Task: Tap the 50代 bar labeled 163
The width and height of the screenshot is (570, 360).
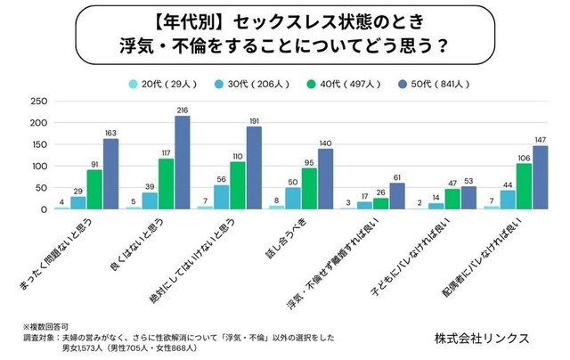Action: tap(110, 175)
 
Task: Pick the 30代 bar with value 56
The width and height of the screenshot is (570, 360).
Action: tap(222, 198)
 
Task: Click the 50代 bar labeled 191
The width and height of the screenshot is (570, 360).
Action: tap(254, 168)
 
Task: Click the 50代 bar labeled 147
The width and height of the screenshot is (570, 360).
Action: tap(541, 178)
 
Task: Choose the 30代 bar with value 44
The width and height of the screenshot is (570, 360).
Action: tap(509, 200)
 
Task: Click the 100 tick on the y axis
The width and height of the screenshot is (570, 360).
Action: tap(37, 167)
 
